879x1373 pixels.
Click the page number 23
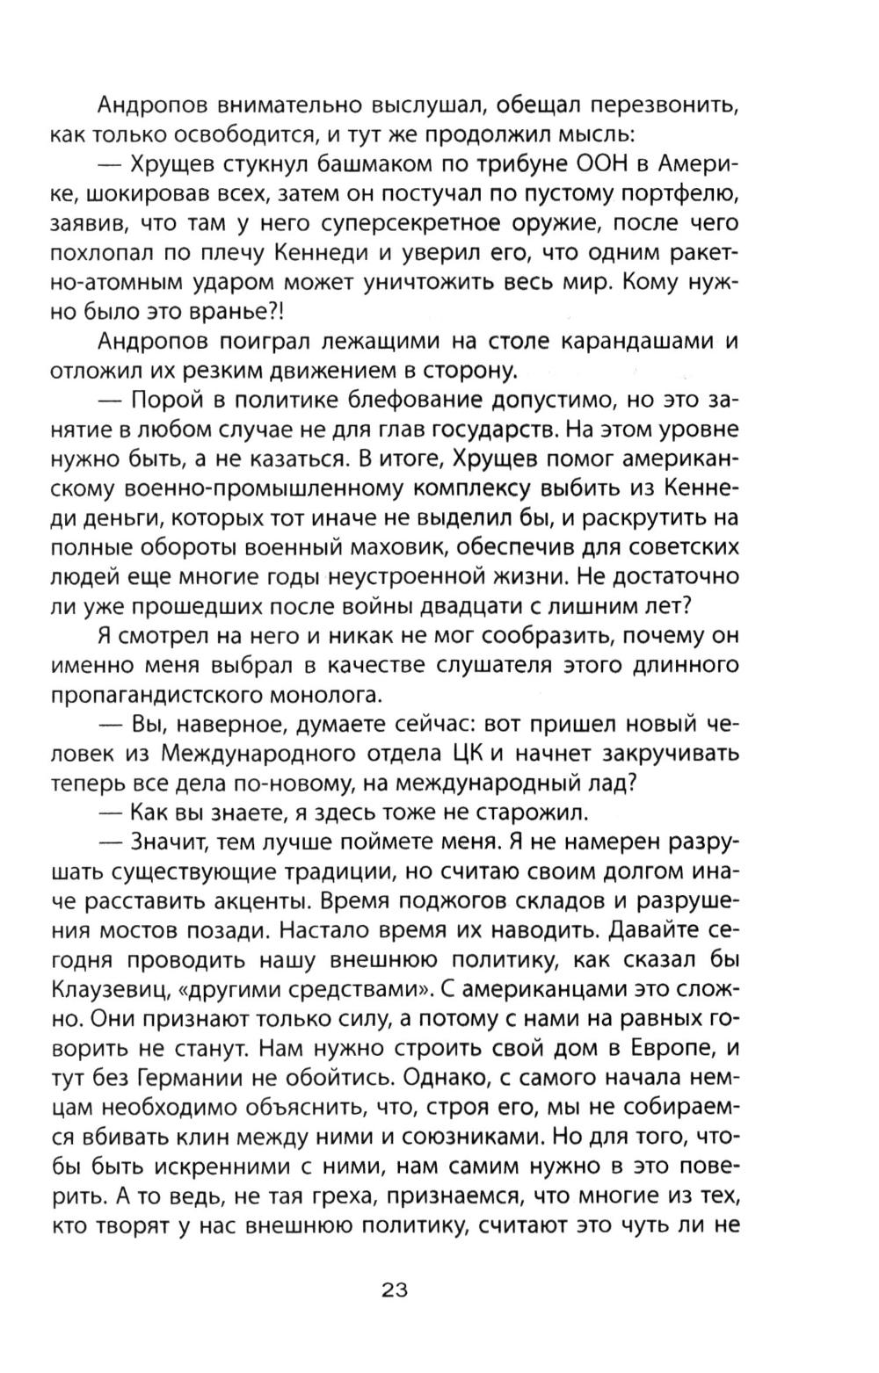coord(395,1290)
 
